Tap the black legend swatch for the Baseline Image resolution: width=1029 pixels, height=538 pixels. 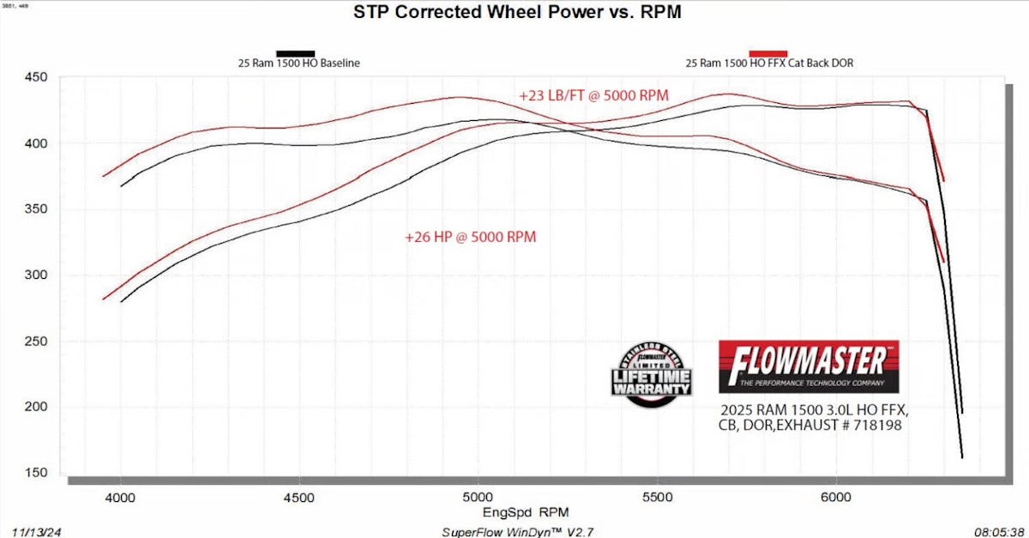pos(295,53)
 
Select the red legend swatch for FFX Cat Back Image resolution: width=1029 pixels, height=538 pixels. pos(768,53)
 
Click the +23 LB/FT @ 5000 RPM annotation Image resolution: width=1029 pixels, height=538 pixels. pos(593,95)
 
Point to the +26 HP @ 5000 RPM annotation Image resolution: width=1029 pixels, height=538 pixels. pos(471,237)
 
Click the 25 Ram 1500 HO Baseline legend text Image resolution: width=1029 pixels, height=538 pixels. pos(298,63)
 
